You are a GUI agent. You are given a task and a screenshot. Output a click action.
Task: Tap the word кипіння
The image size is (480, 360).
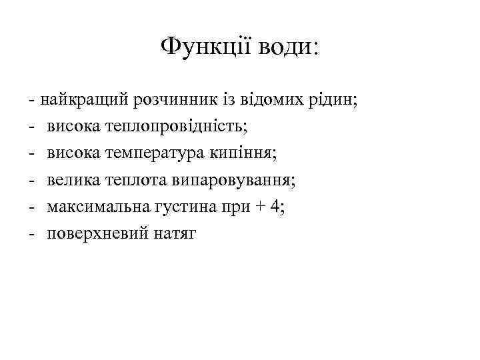tap(246, 153)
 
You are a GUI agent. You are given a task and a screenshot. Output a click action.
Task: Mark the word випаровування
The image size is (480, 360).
tap(228, 180)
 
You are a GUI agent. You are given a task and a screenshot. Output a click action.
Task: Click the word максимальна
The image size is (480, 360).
tap(94, 207)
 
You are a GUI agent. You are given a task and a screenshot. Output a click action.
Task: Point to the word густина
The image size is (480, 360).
tap(177, 207)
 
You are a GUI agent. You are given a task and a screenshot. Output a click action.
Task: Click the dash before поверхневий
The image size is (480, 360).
tap(32, 234)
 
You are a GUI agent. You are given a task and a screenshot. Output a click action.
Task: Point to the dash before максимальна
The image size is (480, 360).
tap(32, 207)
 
